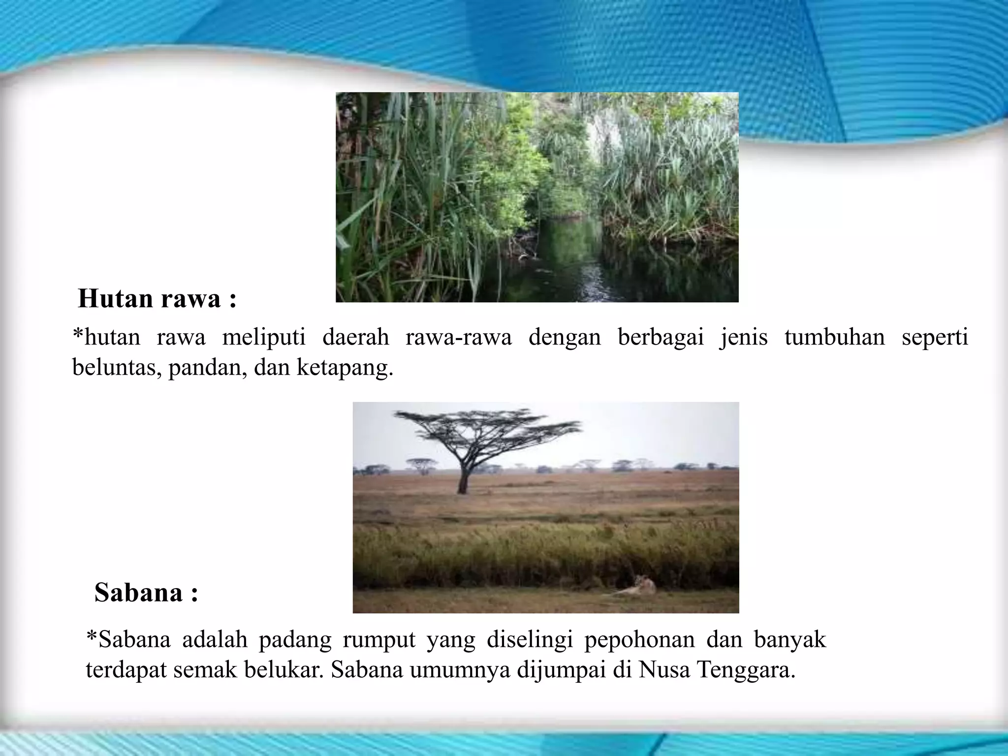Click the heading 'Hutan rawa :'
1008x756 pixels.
[x=157, y=299]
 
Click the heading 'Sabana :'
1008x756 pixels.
[x=146, y=592]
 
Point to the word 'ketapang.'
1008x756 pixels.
[x=345, y=367]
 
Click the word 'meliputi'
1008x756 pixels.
[x=264, y=338]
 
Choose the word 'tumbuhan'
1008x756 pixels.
[x=834, y=338]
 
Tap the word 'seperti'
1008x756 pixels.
[x=935, y=338]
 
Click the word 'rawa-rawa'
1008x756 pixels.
[x=458, y=338]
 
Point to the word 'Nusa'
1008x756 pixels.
[x=664, y=670]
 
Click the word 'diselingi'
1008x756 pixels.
[x=530, y=640]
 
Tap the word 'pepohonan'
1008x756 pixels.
[x=639, y=640]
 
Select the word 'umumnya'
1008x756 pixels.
[x=460, y=670]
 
